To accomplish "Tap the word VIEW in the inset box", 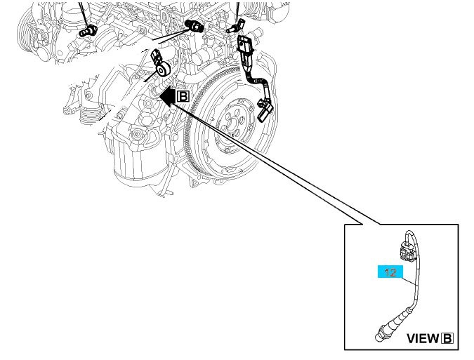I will point(422,339).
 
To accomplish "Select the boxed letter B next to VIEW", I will point(447,339).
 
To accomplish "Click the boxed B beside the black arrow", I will point(183,95).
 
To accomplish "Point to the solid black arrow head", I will point(166,95).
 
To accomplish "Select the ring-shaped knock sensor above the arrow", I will point(164,69).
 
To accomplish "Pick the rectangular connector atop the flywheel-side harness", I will point(245,46).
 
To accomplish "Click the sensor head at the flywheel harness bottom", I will point(263,110).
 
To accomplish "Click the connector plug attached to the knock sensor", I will point(157,54).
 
